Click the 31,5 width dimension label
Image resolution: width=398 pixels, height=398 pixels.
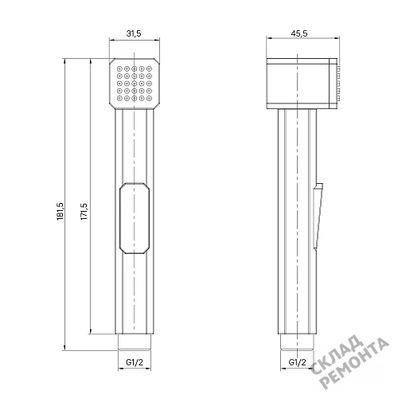(134, 33)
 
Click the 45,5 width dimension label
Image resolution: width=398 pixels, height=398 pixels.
(299, 33)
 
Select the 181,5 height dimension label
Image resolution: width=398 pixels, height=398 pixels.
(60, 211)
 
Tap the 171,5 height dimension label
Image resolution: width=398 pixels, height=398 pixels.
(84, 212)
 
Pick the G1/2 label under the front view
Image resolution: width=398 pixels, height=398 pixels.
(135, 362)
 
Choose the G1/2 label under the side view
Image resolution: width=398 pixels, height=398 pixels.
(297, 362)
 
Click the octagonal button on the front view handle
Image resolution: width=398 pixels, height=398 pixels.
(135, 218)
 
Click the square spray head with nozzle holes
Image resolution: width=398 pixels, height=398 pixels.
(135, 84)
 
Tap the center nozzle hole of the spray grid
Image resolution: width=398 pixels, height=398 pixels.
(135, 84)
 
